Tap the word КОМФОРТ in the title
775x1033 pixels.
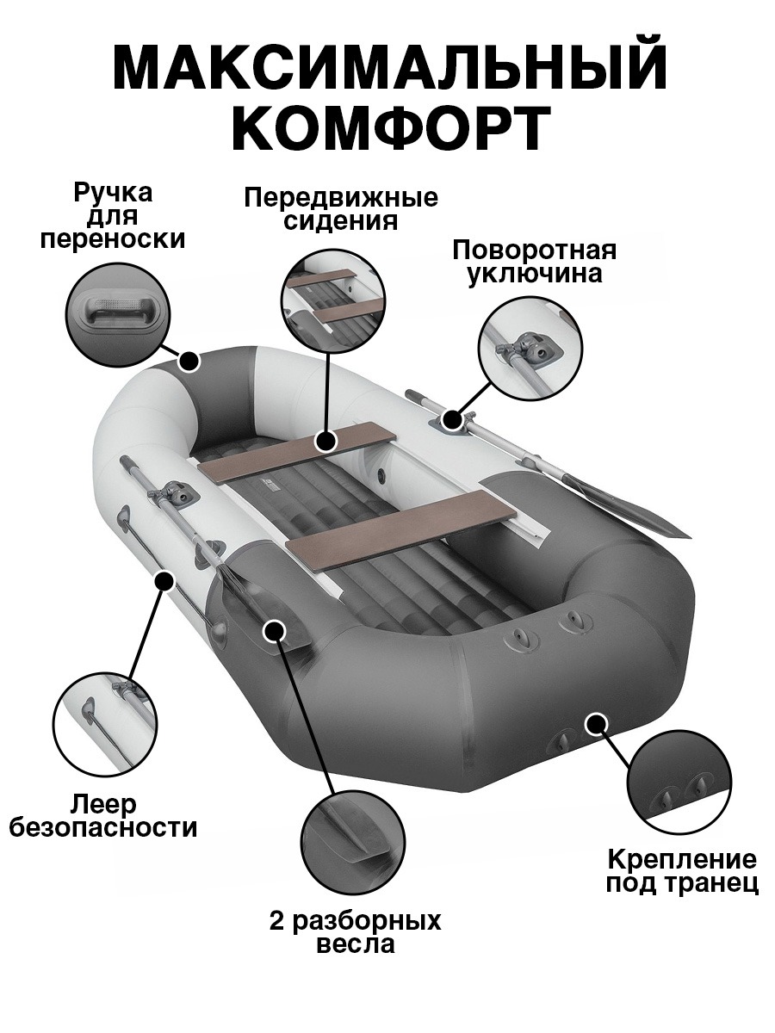click(x=390, y=127)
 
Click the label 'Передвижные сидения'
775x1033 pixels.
click(x=341, y=209)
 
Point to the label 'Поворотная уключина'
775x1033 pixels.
click(x=535, y=262)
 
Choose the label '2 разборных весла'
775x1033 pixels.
click(x=355, y=932)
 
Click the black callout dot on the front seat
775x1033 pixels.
click(x=325, y=442)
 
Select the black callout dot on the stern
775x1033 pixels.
click(x=594, y=722)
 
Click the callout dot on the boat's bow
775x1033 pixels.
click(x=189, y=361)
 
